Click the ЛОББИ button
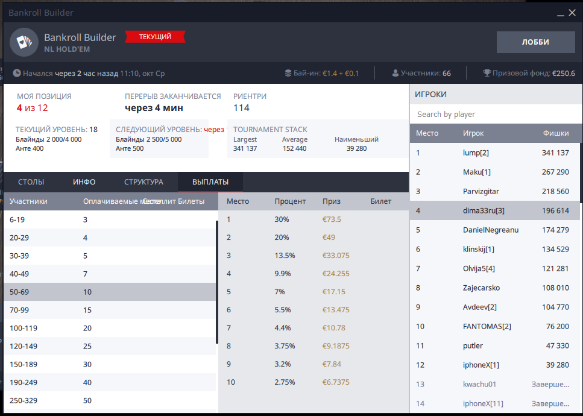point(535,42)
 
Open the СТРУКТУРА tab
point(143,182)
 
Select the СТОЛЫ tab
point(31,182)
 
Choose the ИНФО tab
point(84,182)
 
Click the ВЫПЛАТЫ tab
point(210,182)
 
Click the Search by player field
point(494,114)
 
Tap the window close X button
point(572,13)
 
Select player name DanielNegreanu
point(491,230)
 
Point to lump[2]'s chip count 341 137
point(555,153)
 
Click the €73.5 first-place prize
point(332,219)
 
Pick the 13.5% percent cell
point(285,256)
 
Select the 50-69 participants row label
point(19,292)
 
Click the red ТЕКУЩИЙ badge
point(155,37)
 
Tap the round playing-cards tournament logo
point(24,42)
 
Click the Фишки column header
point(556,133)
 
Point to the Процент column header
point(290,201)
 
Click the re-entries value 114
point(241,108)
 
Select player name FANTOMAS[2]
point(487,326)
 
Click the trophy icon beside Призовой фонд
point(487,73)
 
